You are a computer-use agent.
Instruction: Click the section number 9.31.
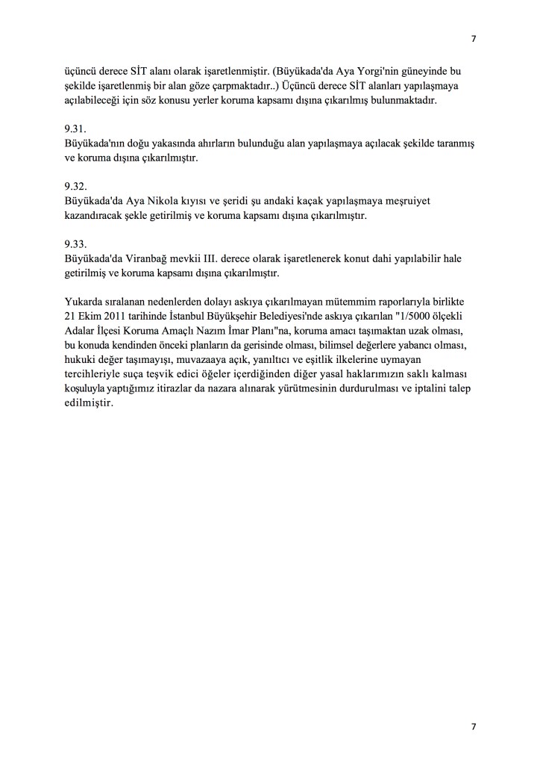75,128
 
